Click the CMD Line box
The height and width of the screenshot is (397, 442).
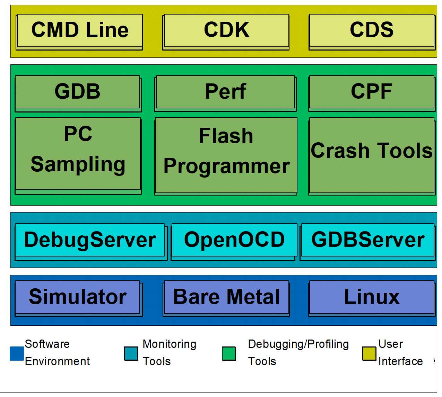(x=79, y=32)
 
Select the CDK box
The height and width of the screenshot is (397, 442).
(x=226, y=32)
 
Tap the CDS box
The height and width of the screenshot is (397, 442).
(x=372, y=32)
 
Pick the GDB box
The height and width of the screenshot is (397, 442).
(x=78, y=93)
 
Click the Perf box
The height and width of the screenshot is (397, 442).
(x=225, y=93)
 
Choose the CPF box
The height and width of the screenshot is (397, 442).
(x=372, y=93)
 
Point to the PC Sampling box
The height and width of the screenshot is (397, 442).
(x=78, y=156)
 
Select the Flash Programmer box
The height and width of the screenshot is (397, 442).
(x=226, y=156)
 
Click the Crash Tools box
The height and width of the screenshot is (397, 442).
(x=372, y=156)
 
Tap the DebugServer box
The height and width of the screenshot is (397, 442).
(x=91, y=242)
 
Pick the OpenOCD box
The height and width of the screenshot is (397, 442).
(x=234, y=242)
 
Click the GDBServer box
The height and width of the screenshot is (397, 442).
(x=368, y=242)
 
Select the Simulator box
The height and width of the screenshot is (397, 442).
(x=79, y=299)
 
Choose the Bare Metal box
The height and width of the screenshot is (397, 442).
(x=226, y=299)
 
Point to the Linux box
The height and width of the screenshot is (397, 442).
(x=372, y=299)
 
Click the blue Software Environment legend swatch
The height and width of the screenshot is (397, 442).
(x=17, y=354)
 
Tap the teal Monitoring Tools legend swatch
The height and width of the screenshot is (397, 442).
(x=131, y=354)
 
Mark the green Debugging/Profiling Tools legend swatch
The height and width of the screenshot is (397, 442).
(x=229, y=354)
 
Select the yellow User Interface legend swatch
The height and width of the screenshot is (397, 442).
(x=369, y=354)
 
